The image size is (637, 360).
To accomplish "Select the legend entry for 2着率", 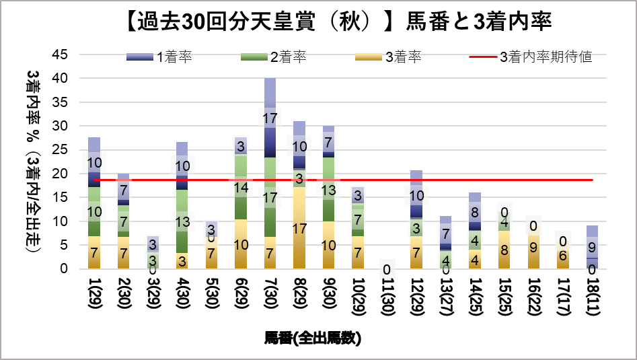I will point(273,57).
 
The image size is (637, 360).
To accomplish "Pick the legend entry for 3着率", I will point(387,57).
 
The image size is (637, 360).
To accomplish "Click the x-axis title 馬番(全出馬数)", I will point(312,338).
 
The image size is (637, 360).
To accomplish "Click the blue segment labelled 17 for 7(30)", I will point(270,118).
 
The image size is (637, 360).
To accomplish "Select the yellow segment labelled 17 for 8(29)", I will point(299,227).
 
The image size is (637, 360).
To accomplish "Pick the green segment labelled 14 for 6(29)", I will point(241,187).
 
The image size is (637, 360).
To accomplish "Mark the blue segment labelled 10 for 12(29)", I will point(415,196).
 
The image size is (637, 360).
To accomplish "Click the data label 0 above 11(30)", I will point(386,268).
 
